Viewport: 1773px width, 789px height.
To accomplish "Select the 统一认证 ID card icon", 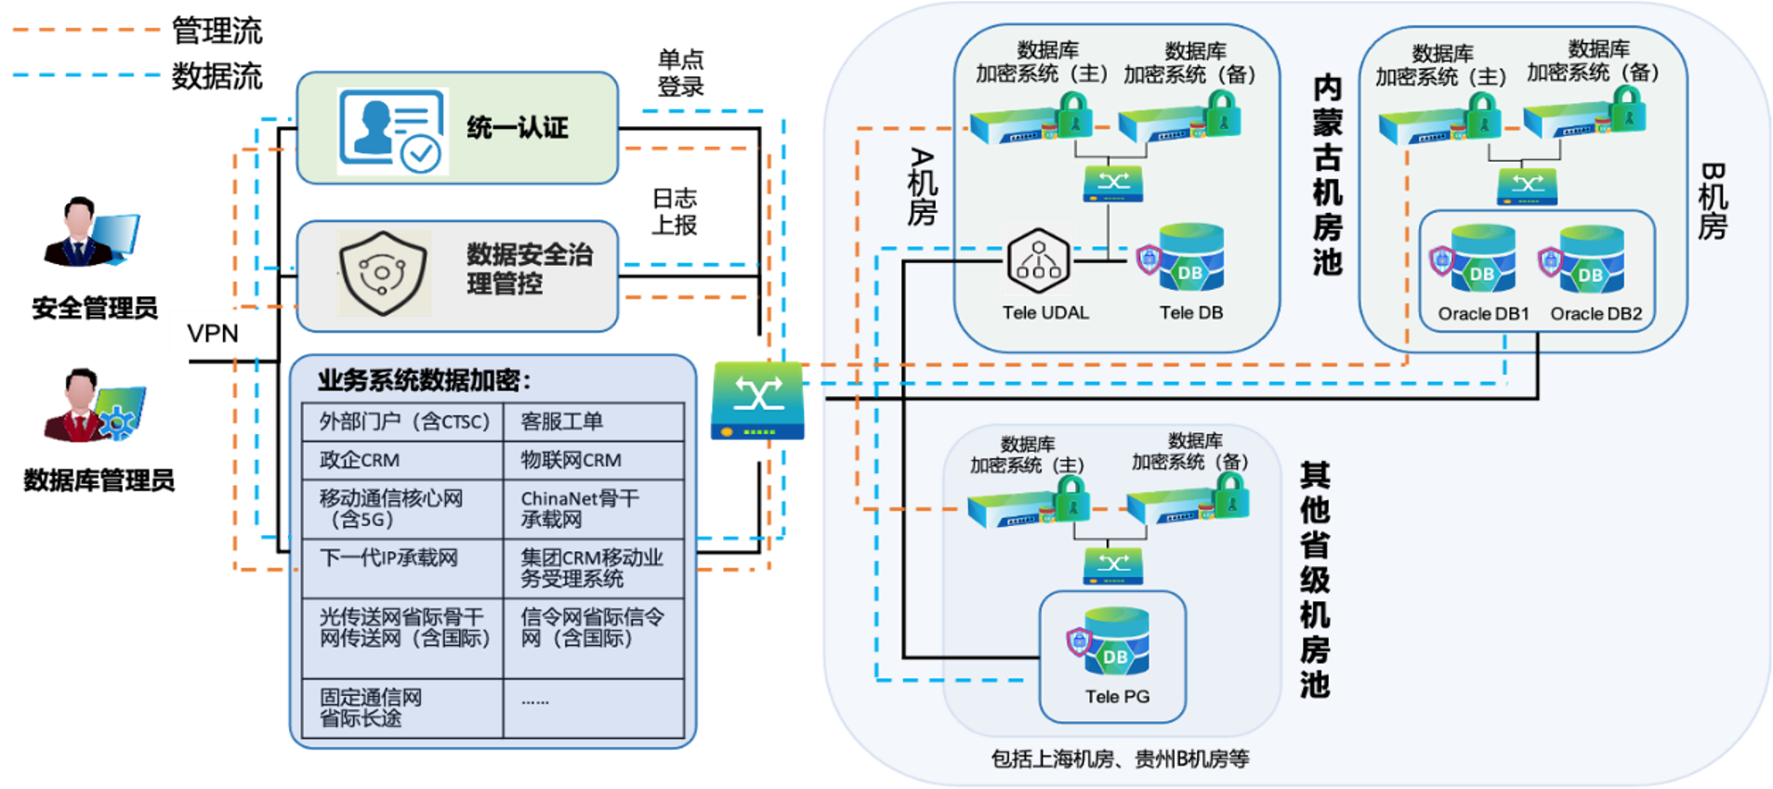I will (392, 131).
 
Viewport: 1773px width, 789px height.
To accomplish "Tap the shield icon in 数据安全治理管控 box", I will (383, 273).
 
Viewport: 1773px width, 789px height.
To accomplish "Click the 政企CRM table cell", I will (401, 460).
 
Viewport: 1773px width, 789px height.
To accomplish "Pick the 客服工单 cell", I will (593, 422).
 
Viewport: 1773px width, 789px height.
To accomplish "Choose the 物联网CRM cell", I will (593, 460).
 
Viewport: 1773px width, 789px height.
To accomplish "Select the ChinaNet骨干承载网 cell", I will (593, 509).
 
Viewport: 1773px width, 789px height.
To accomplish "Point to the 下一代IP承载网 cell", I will (401, 568).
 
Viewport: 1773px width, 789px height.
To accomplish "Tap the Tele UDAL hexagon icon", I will (1039, 260).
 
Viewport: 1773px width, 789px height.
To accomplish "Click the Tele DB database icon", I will (1189, 258).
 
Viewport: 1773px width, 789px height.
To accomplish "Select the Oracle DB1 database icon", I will (1481, 260).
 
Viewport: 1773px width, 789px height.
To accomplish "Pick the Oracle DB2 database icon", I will (1590, 260).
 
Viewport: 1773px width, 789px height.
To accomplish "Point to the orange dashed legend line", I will (86, 31).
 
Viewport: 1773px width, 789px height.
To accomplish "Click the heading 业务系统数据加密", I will (424, 380).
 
